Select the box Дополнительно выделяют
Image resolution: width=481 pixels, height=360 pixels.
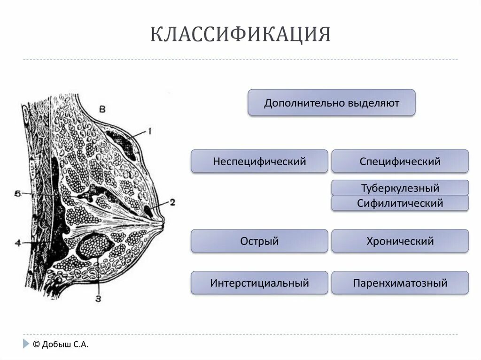[x=331, y=102]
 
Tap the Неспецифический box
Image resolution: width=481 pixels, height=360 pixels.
[x=259, y=161]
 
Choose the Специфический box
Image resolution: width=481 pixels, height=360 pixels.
[x=400, y=161]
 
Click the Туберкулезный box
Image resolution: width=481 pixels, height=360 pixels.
[x=400, y=188]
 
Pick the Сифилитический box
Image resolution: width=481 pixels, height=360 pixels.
[x=400, y=203]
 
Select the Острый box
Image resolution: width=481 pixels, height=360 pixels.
[x=259, y=241]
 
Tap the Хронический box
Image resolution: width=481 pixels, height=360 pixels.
[x=400, y=241]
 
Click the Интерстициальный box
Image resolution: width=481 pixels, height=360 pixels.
[x=259, y=283]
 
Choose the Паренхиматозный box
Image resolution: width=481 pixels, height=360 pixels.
[x=400, y=283]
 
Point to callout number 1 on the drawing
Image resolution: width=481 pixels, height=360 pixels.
[x=149, y=132]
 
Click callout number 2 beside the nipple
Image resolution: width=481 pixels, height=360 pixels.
[x=172, y=202]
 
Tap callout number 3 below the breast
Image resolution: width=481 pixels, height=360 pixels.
[x=98, y=298]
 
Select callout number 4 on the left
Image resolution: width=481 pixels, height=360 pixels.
[x=17, y=243]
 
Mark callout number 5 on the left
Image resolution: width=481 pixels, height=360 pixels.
[x=17, y=193]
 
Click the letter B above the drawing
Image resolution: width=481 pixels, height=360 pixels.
[x=102, y=108]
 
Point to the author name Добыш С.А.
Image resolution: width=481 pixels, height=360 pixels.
[x=65, y=344]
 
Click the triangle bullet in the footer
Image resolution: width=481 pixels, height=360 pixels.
[x=25, y=344]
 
